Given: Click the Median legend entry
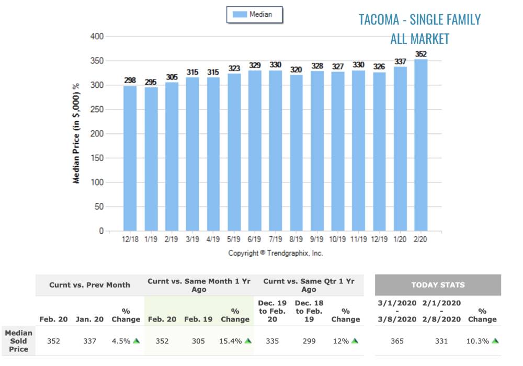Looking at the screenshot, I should (x=255, y=15).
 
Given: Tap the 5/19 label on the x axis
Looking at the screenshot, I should (x=234, y=239).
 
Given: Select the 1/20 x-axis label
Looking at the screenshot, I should (x=400, y=239).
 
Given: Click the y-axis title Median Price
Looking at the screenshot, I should (x=76, y=133).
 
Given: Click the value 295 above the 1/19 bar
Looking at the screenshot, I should (x=151, y=82).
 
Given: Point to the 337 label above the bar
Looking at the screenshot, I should (x=400, y=62).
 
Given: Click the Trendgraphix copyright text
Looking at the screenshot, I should (x=276, y=253).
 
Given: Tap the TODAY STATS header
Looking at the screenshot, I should (x=438, y=285).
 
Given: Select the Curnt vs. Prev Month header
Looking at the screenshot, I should (x=89, y=285).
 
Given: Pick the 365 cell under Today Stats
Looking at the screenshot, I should (x=397, y=341).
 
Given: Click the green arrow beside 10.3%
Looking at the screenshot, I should (x=495, y=341).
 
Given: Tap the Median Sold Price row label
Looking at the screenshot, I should (x=18, y=341).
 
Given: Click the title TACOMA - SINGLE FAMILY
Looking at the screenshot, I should (x=419, y=19).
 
